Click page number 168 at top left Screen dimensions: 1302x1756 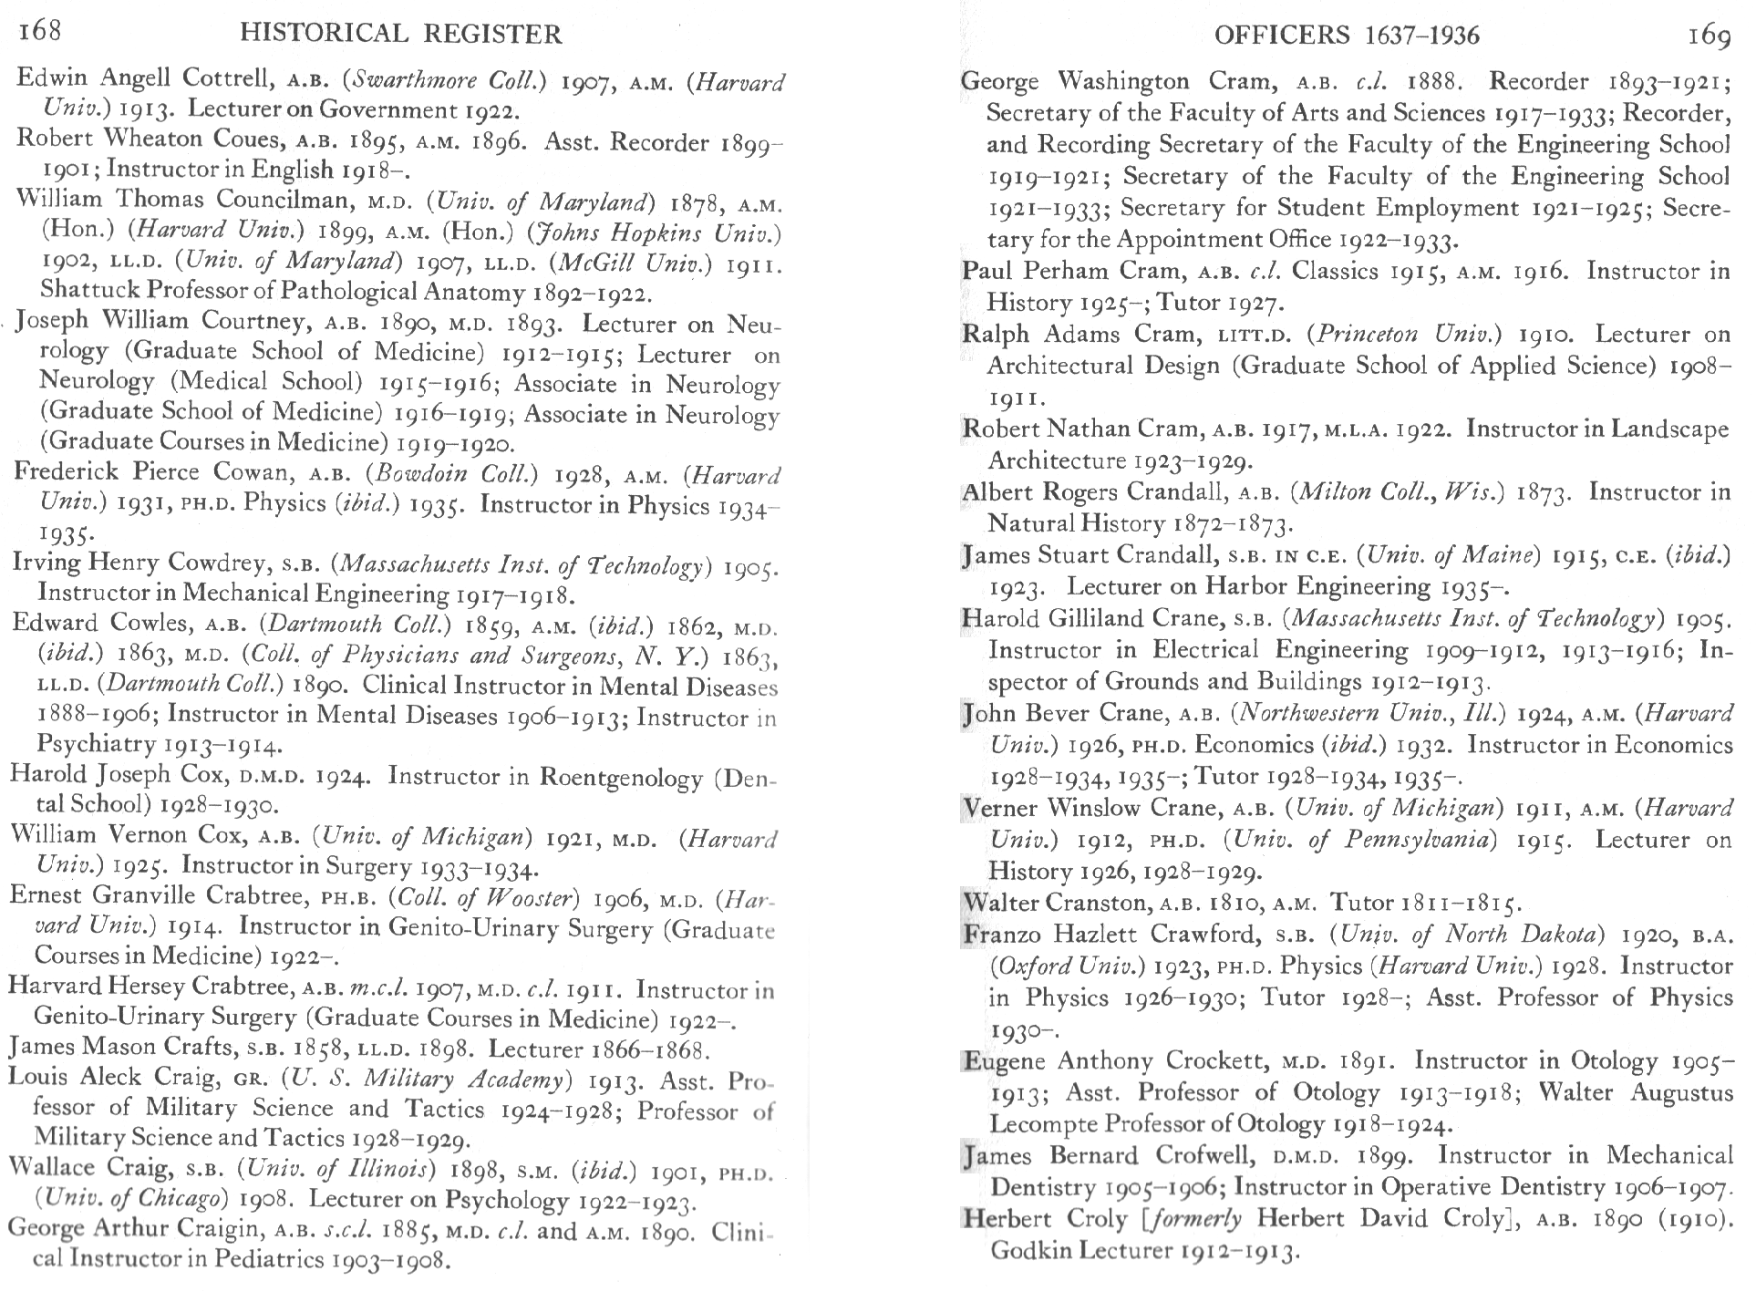coord(40,31)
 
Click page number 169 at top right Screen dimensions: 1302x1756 coord(1709,35)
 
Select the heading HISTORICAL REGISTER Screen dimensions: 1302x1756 coord(400,35)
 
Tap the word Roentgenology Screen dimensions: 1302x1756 coord(623,777)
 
